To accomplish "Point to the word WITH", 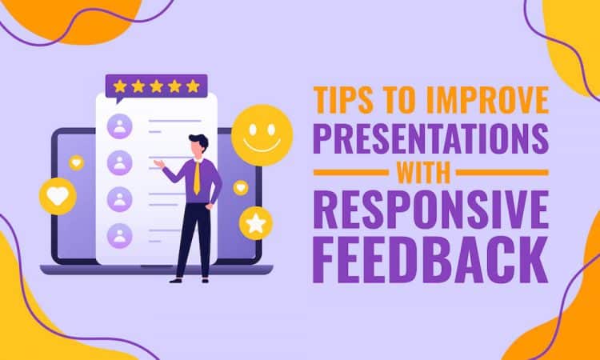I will pyautogui.click(x=431, y=172).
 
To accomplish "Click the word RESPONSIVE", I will pyautogui.click(x=431, y=210).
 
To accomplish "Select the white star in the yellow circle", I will pyautogui.click(x=257, y=223).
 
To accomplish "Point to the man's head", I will pyautogui.click(x=198, y=144).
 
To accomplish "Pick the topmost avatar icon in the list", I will pyautogui.click(x=120, y=126).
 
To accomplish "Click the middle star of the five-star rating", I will pyautogui.click(x=156, y=86).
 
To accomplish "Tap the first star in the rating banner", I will pyautogui.click(x=121, y=86).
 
